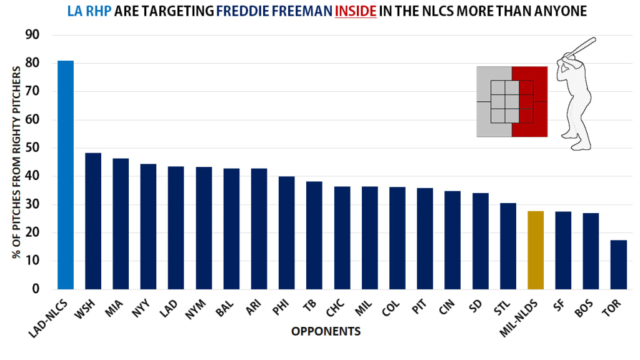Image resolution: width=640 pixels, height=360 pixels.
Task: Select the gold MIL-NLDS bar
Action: coord(536,250)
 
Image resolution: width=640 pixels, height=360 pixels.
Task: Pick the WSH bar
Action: coord(93,221)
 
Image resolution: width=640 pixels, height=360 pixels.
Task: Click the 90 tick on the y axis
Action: coord(32,36)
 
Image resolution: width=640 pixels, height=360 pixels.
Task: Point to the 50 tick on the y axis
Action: coord(32,149)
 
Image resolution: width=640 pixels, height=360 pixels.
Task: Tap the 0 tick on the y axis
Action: coord(36,289)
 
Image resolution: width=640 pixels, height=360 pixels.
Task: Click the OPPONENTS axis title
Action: coord(326,331)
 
